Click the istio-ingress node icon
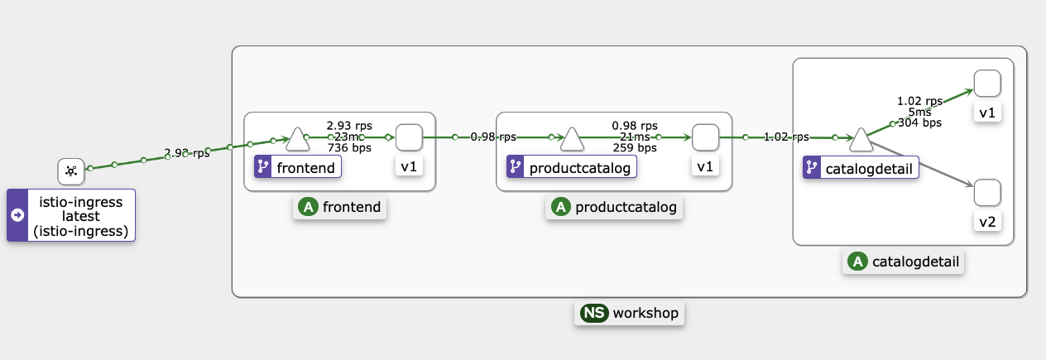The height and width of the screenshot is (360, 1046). click(x=71, y=171)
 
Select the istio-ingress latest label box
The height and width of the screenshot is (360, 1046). click(x=70, y=215)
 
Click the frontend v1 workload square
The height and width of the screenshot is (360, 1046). click(x=409, y=137)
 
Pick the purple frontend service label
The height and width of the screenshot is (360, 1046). click(x=298, y=168)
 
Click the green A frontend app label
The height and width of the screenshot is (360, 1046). click(x=340, y=207)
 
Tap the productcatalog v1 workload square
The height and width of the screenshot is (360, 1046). click(x=705, y=137)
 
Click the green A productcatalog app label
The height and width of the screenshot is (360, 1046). click(x=614, y=207)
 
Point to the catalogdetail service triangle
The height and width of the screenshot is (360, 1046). click(x=861, y=140)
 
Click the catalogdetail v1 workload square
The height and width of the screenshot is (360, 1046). click(x=987, y=84)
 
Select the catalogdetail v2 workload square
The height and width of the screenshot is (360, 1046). click(x=987, y=193)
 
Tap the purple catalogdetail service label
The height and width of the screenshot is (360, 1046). click(x=861, y=168)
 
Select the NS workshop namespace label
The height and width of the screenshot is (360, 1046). click(x=629, y=313)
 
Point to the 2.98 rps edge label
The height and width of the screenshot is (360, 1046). click(x=186, y=153)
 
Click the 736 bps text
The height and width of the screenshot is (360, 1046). click(x=348, y=148)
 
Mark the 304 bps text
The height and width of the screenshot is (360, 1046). click(x=919, y=123)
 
